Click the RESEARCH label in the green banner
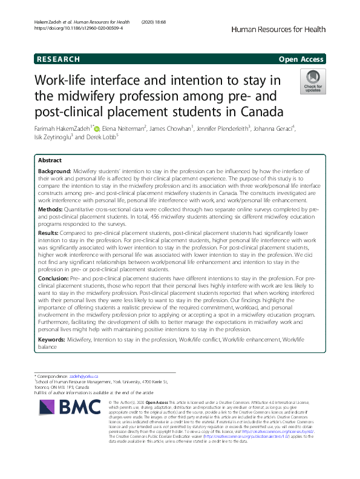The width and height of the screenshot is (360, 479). coord(59,59)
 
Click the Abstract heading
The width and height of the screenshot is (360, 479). coord(50,160)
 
